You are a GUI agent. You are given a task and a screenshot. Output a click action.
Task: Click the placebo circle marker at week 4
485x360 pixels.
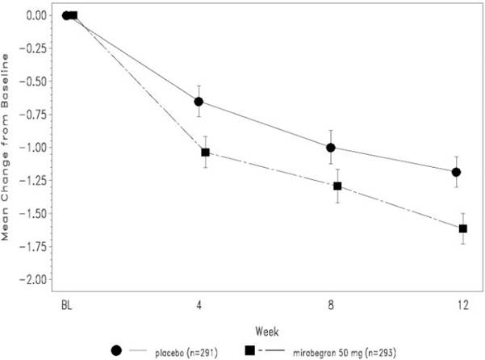click(199, 102)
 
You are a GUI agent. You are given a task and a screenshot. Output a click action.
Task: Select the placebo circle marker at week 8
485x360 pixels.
click(330, 148)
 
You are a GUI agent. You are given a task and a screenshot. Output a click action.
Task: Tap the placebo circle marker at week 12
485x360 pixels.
click(456, 172)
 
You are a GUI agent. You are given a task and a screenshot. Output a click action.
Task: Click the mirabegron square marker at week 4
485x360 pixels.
click(205, 153)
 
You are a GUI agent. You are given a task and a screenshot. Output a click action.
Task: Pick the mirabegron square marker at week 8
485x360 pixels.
click(337, 186)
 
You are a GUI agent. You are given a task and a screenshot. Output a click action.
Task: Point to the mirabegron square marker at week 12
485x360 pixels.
click(463, 229)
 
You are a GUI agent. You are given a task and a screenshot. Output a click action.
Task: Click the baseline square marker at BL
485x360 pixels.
click(73, 15)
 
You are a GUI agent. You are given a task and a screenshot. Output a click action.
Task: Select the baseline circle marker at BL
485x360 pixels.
click(66, 15)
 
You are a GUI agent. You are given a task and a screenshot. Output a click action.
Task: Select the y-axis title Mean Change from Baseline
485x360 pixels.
click(10, 148)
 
